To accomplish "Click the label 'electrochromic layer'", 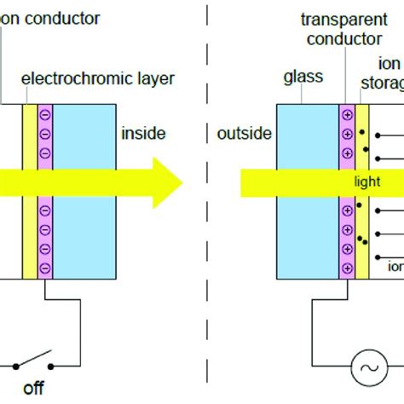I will click(x=98, y=80).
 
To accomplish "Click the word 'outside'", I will click(x=245, y=134).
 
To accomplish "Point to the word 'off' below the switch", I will click(x=34, y=390).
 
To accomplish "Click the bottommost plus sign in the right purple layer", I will click(x=348, y=266).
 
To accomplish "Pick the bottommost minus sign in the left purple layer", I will click(x=44, y=266).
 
